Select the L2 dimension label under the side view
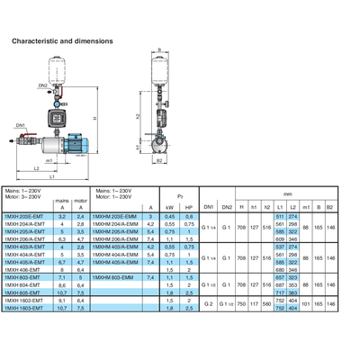(37, 168)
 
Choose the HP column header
(188, 206)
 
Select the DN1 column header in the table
(208, 206)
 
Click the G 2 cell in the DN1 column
(209, 304)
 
